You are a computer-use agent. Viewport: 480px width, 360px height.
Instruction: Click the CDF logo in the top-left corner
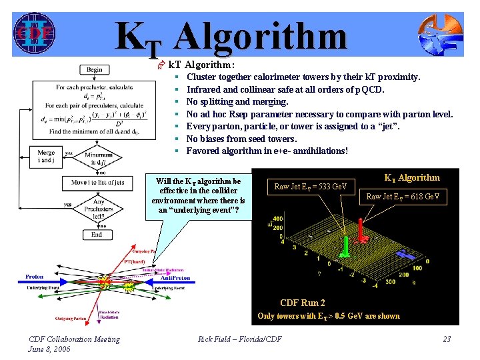tap(34, 32)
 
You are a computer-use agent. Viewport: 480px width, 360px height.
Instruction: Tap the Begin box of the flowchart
tap(95, 70)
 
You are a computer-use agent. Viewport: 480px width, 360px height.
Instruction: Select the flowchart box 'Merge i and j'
tap(46, 157)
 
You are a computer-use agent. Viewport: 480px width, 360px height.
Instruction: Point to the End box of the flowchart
tap(97, 235)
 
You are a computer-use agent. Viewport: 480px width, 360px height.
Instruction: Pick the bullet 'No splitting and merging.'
tap(237, 102)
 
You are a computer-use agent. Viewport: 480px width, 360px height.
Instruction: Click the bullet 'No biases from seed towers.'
tap(241, 139)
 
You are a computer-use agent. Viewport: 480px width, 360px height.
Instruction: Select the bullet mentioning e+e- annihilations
tap(267, 151)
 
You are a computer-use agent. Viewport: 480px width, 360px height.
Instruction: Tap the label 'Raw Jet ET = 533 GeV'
tap(315, 187)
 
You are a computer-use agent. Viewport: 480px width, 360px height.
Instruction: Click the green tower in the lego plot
tap(346, 245)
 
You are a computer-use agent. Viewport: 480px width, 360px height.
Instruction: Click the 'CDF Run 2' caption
tap(303, 303)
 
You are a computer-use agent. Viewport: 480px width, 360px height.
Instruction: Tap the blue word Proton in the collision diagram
tap(35, 277)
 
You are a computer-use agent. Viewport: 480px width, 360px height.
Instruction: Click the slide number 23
tap(447, 339)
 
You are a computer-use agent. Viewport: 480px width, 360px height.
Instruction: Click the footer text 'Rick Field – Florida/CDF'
tap(240, 339)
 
